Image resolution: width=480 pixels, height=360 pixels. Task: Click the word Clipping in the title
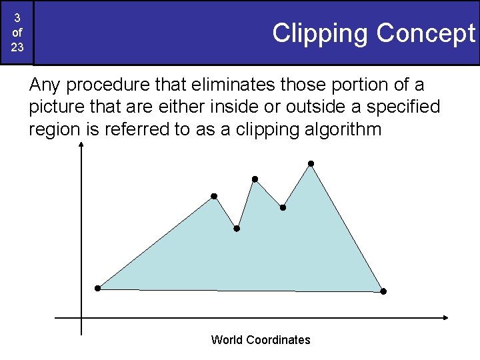(321, 33)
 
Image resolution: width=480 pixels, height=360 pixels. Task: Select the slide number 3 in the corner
(17, 18)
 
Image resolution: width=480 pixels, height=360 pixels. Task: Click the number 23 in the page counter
(17, 47)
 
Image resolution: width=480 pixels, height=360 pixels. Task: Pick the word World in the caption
(227, 340)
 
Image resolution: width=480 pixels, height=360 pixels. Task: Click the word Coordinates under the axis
(278, 340)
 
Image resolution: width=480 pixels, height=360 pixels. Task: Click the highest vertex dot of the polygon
(311, 163)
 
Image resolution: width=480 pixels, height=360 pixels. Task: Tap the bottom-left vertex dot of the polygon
(97, 289)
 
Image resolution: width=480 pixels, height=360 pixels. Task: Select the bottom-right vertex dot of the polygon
(383, 291)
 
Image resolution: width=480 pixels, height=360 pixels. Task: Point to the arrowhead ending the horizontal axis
(445, 318)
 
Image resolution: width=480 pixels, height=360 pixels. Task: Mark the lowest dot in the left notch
(237, 229)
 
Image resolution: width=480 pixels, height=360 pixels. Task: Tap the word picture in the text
(55, 107)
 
